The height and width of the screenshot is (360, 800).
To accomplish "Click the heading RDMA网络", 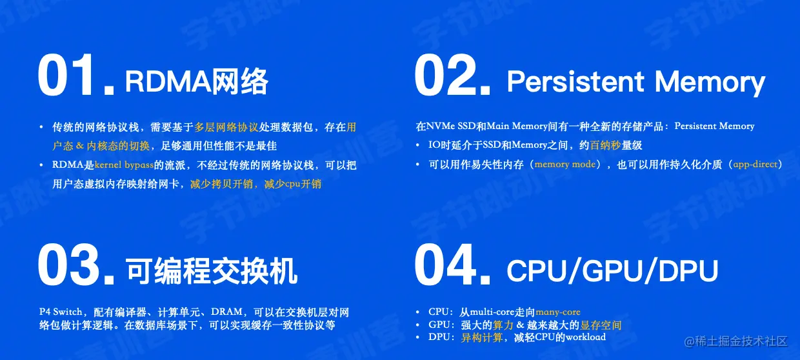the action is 196,81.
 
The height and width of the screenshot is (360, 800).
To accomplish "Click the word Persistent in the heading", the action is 575,81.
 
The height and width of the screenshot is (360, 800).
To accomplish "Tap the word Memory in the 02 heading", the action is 710,83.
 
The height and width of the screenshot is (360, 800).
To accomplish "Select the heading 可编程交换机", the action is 211,271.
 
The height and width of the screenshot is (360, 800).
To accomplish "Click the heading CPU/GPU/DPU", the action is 612,271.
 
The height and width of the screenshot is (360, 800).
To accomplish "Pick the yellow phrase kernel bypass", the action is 124,165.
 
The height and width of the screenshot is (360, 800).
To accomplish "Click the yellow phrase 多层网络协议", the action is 226,127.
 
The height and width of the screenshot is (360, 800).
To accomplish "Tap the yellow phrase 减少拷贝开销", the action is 221,184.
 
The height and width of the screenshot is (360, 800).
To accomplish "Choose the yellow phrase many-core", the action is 558,312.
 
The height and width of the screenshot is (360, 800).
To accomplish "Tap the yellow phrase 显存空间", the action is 601,325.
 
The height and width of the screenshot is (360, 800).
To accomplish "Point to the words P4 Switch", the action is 61,312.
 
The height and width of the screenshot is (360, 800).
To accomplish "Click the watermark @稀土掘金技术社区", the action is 735,341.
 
